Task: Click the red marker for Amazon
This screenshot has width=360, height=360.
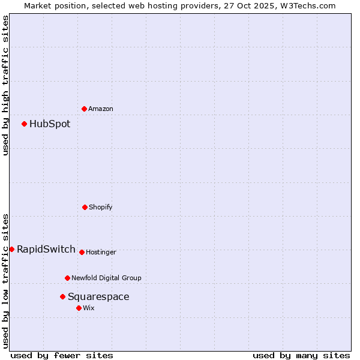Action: [84, 109]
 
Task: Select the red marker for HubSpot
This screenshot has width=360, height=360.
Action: [24, 124]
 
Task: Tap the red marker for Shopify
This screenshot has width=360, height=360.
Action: [85, 207]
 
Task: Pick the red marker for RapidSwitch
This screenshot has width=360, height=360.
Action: [11, 249]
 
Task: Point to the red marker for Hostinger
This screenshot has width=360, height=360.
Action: [82, 252]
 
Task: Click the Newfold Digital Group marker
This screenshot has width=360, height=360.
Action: [67, 278]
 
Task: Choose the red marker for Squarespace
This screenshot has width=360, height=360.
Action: [62, 296]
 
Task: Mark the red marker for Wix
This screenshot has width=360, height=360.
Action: [79, 308]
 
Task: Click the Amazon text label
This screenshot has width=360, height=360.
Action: [100, 109]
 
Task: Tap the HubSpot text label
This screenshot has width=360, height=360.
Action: [50, 124]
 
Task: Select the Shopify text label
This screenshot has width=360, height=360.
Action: [100, 207]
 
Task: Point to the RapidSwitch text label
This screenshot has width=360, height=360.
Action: [46, 250]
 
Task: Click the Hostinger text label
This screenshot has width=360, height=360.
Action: [101, 252]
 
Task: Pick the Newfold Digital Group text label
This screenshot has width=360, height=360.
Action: [106, 278]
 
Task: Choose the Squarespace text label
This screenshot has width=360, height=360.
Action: [98, 297]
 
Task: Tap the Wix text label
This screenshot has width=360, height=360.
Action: [89, 308]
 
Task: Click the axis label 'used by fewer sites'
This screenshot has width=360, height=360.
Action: [62, 355]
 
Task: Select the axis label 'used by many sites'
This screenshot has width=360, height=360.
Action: [301, 355]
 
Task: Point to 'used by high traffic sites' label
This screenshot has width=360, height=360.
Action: [5, 85]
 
